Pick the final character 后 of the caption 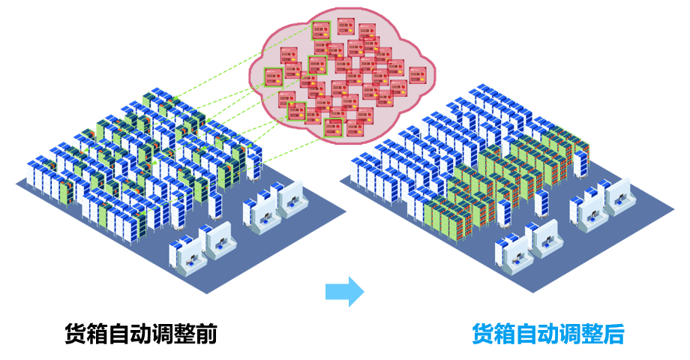tap(613, 334)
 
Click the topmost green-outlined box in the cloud tap(321, 31)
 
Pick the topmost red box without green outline tap(346, 26)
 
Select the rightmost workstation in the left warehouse tap(291, 197)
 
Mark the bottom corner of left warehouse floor tap(207, 293)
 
